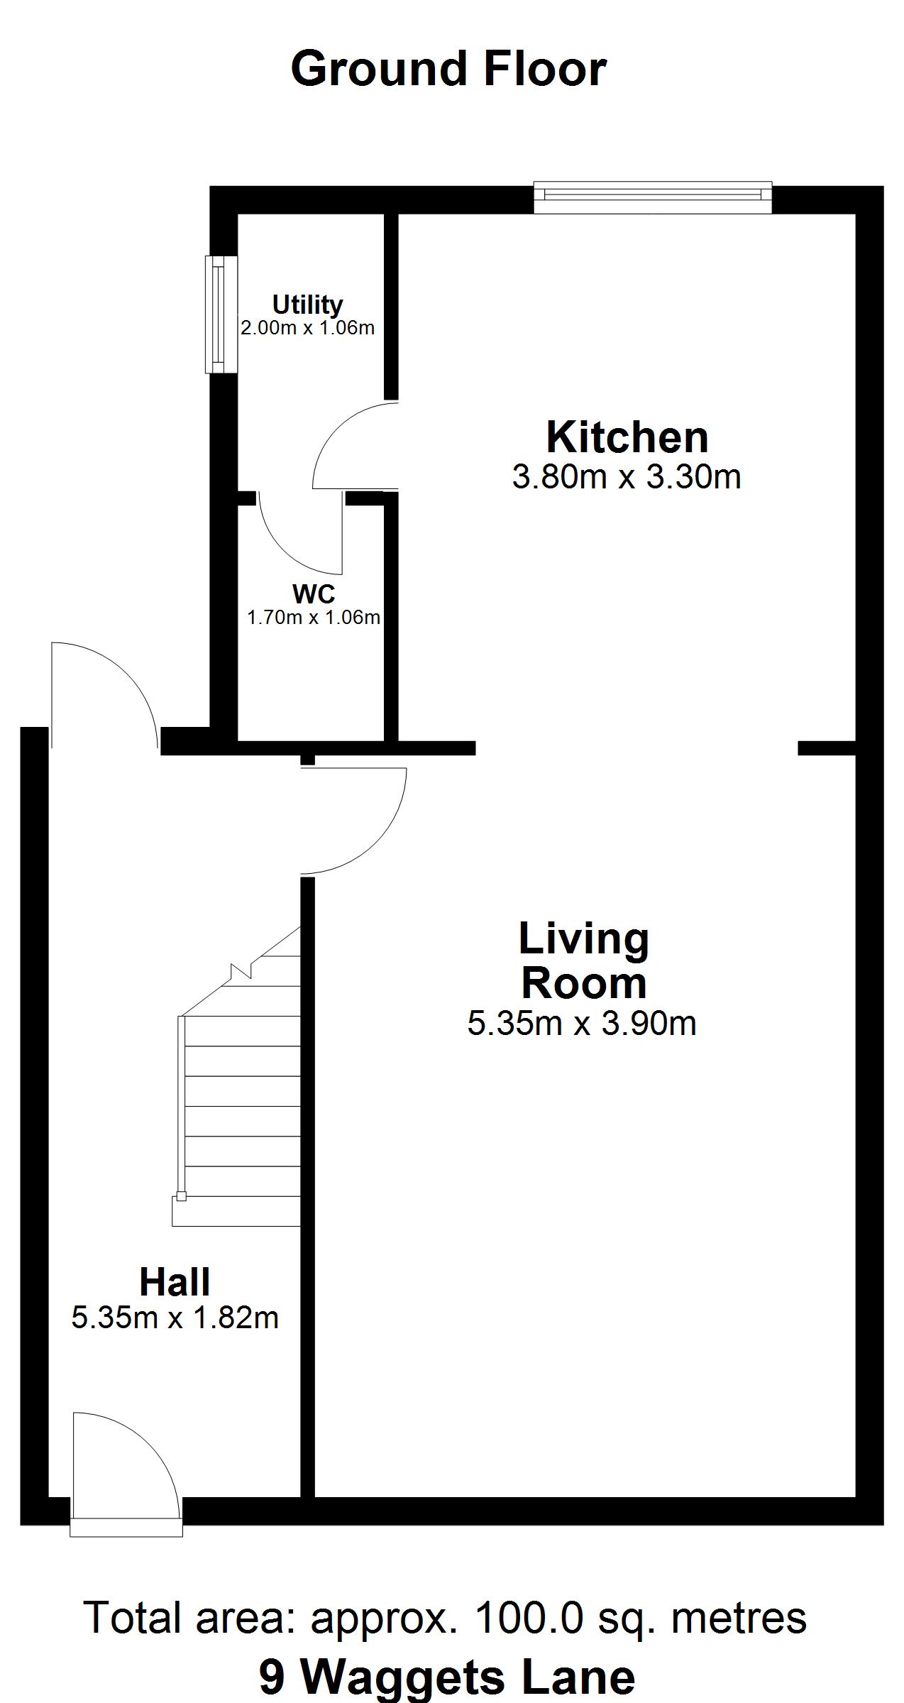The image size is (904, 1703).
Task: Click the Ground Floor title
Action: (x=448, y=69)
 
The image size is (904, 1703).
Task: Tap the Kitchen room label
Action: (x=627, y=437)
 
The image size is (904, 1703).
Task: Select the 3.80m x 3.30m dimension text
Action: (x=627, y=477)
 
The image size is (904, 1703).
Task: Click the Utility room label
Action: (x=307, y=305)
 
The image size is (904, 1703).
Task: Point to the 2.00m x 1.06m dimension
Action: (x=307, y=328)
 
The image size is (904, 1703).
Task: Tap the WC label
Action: (x=313, y=593)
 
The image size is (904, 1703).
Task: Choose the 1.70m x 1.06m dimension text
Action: (x=313, y=618)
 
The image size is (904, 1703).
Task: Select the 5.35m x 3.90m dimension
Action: (x=582, y=1024)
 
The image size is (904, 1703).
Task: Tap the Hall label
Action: (x=175, y=1282)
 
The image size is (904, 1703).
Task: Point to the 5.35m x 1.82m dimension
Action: (x=175, y=1318)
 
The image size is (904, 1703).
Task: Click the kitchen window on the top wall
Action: (x=652, y=197)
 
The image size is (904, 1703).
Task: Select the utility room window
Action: (x=221, y=314)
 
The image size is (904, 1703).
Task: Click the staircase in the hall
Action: (x=236, y=1077)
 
